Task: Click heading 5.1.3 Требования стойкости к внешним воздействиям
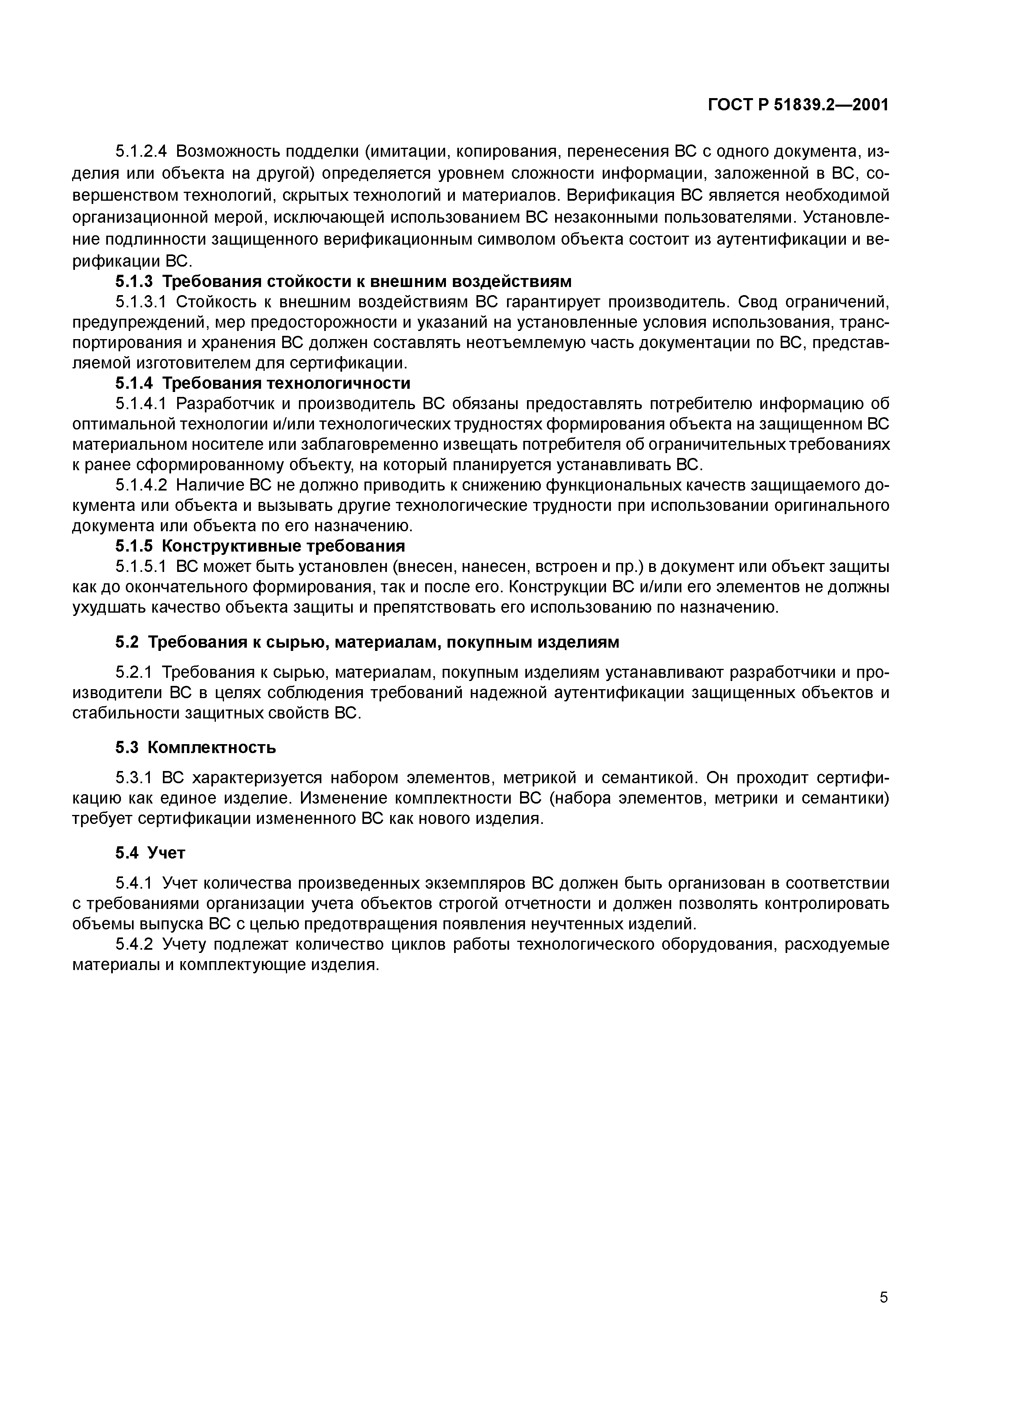(x=343, y=282)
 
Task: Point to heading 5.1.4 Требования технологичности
(x=263, y=383)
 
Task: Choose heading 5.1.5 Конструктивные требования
(x=260, y=546)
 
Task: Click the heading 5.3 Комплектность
(x=196, y=747)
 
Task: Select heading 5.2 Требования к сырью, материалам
(x=367, y=642)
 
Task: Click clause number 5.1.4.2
(x=142, y=485)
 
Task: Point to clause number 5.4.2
(x=134, y=945)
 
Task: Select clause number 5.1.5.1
(x=142, y=567)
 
